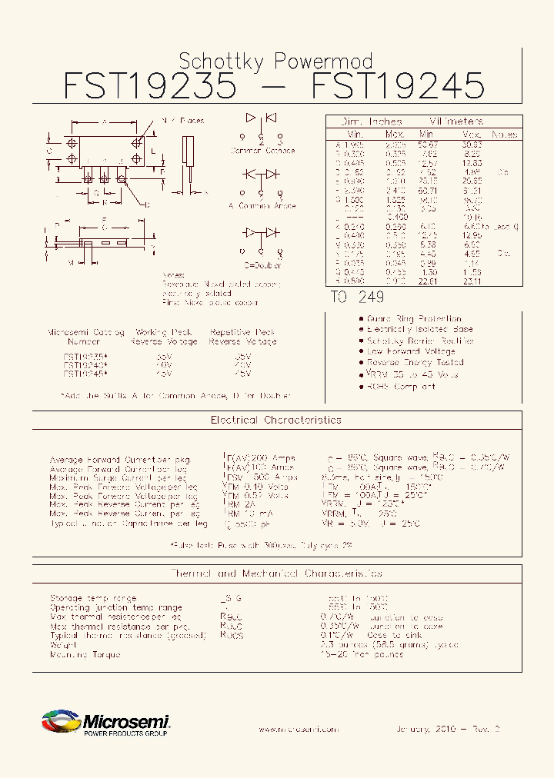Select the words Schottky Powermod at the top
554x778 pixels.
(x=275, y=61)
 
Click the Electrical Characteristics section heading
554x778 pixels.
(x=275, y=421)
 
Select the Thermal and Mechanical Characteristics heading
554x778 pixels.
(x=275, y=574)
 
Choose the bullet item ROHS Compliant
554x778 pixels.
(x=401, y=387)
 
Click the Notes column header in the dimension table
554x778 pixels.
(x=504, y=135)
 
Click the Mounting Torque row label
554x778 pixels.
(x=85, y=655)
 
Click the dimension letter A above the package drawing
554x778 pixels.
(x=104, y=122)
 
